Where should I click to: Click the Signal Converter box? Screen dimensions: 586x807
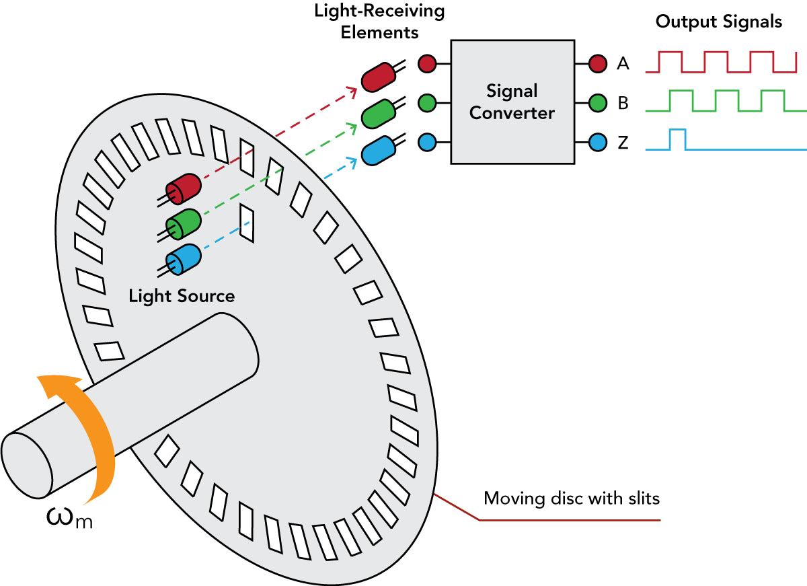(512, 102)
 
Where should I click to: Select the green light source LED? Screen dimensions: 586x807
(184, 223)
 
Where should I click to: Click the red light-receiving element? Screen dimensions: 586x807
(378, 76)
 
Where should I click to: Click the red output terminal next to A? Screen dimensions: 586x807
(598, 64)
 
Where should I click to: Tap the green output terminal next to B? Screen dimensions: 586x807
(598, 103)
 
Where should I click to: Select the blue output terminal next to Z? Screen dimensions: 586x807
(598, 143)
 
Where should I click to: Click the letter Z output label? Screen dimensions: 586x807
(623, 143)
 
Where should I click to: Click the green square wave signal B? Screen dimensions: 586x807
(726, 100)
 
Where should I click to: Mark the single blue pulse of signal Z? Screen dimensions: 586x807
(677, 139)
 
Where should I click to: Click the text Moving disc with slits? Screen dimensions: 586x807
(572, 499)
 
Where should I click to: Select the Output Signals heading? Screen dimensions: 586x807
(718, 22)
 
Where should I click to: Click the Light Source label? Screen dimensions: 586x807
(182, 296)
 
